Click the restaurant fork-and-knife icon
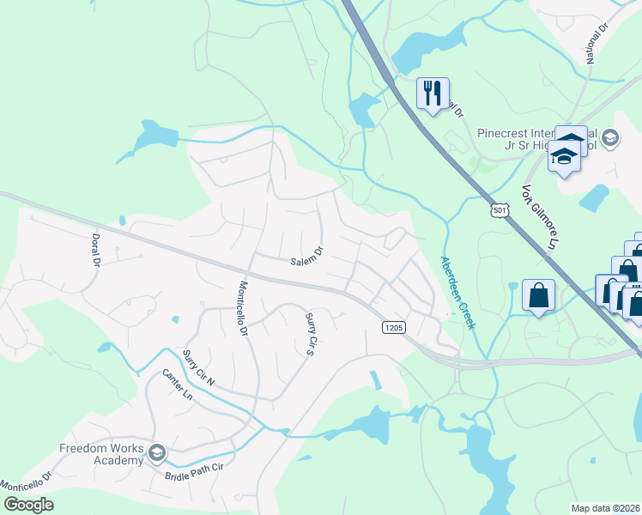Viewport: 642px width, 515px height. pos(433,91)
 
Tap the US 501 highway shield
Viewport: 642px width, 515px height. pos(500,209)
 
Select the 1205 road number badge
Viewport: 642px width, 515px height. pos(393,327)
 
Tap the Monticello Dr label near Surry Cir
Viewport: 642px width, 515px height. pos(243,308)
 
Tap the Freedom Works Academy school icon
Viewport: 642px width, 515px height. pos(156,452)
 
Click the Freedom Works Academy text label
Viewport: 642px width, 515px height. pos(101,454)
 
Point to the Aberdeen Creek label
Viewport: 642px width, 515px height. pos(457,292)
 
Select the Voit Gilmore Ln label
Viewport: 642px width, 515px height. pos(536,219)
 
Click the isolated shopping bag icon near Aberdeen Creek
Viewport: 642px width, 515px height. pos(538,295)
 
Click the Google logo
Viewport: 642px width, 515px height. pos(29,504)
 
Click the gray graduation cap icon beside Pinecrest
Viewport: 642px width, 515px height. pos(610,137)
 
